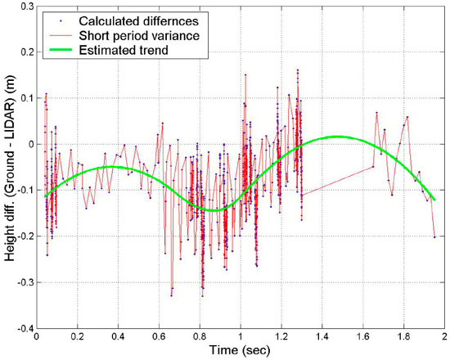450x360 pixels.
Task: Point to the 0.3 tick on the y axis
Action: click(x=24, y=7)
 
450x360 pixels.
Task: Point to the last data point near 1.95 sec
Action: click(x=434, y=236)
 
